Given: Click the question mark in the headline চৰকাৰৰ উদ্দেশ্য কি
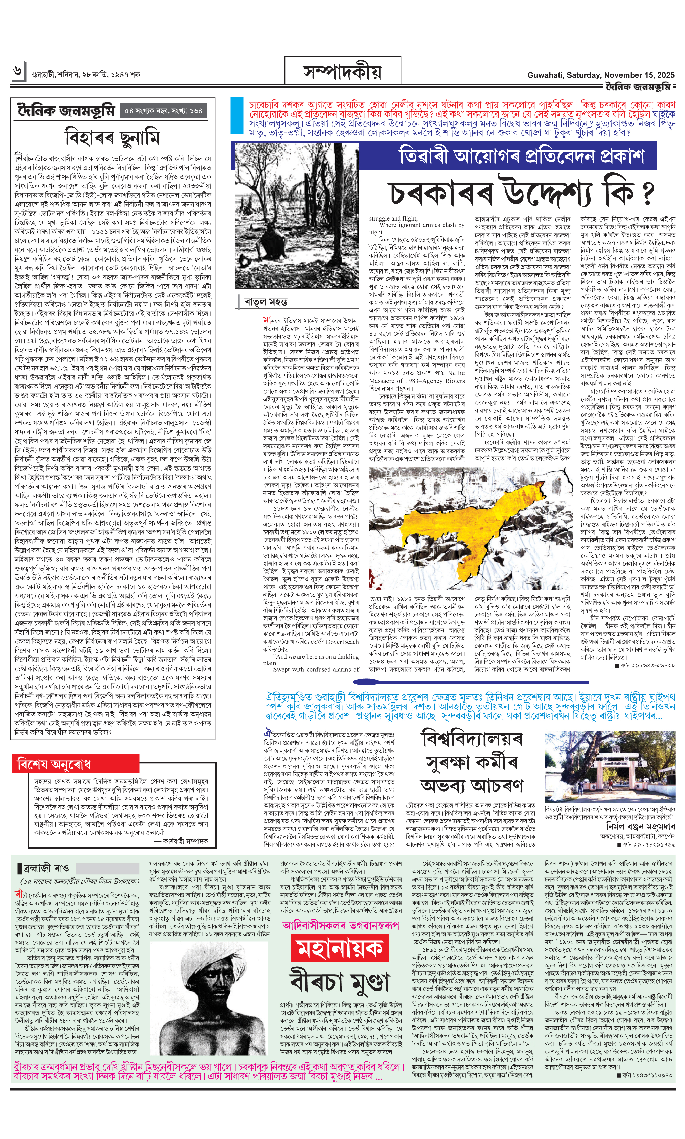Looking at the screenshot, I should (x=647, y=193).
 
